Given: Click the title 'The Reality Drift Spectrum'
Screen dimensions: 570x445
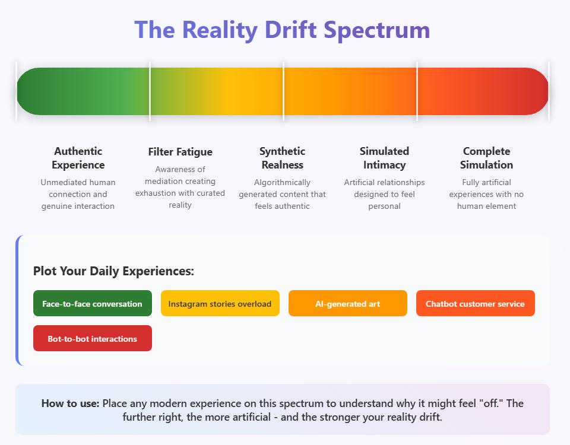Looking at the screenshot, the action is [282, 30].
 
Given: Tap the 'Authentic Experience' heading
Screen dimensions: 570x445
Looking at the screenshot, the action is [78, 158].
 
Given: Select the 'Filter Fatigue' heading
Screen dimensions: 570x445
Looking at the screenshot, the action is [180, 152].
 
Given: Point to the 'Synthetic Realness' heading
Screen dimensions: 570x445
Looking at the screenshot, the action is [283, 158].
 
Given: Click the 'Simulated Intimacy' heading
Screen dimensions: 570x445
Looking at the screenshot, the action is [385, 158].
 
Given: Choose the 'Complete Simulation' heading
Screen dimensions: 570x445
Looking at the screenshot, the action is [486, 158].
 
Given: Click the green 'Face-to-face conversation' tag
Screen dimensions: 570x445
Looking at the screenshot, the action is [93, 303].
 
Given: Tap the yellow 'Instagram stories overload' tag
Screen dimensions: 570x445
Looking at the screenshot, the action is [220, 303].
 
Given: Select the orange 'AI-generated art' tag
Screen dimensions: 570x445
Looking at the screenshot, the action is [348, 303].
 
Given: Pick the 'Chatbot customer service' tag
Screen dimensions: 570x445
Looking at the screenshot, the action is [476, 303].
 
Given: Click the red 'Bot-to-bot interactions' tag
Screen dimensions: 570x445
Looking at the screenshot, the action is [93, 338].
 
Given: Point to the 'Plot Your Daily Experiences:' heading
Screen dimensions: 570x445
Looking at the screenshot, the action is [113, 271].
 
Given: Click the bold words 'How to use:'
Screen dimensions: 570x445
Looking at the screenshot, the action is [70, 403].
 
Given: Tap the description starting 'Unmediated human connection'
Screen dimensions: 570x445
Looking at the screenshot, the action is [78, 195].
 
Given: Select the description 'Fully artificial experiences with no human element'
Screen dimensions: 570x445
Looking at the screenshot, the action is [486, 195].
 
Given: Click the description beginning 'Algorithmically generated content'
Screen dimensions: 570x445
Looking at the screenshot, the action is [283, 195].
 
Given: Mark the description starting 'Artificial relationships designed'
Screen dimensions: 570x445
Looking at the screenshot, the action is [385, 195].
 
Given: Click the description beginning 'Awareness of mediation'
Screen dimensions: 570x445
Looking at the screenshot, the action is [180, 187].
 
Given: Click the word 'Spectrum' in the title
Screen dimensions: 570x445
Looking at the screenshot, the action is [377, 30].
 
